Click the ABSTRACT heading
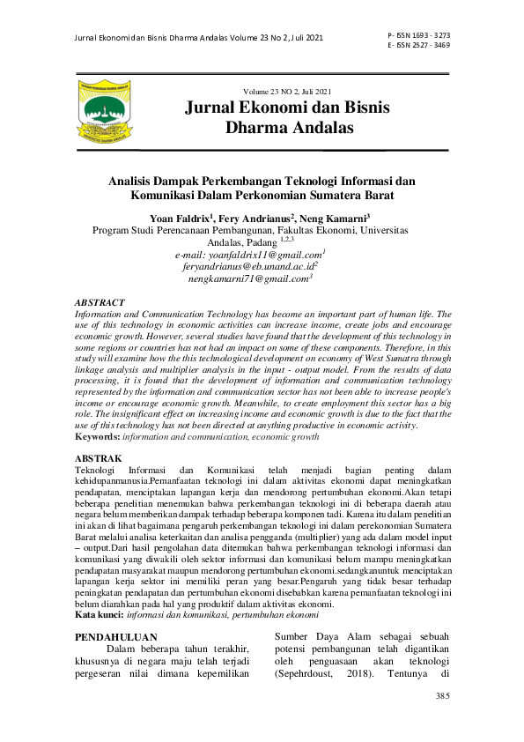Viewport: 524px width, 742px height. (x=100, y=302)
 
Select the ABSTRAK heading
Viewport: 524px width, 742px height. (x=99, y=459)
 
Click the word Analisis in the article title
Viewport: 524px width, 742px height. (x=133, y=181)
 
